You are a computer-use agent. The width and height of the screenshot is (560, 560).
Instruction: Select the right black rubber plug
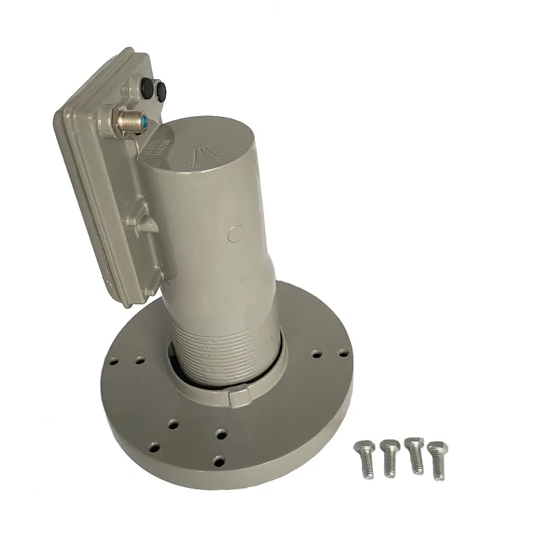(x=162, y=90)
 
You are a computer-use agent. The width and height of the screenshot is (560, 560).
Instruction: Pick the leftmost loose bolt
(x=365, y=458)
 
